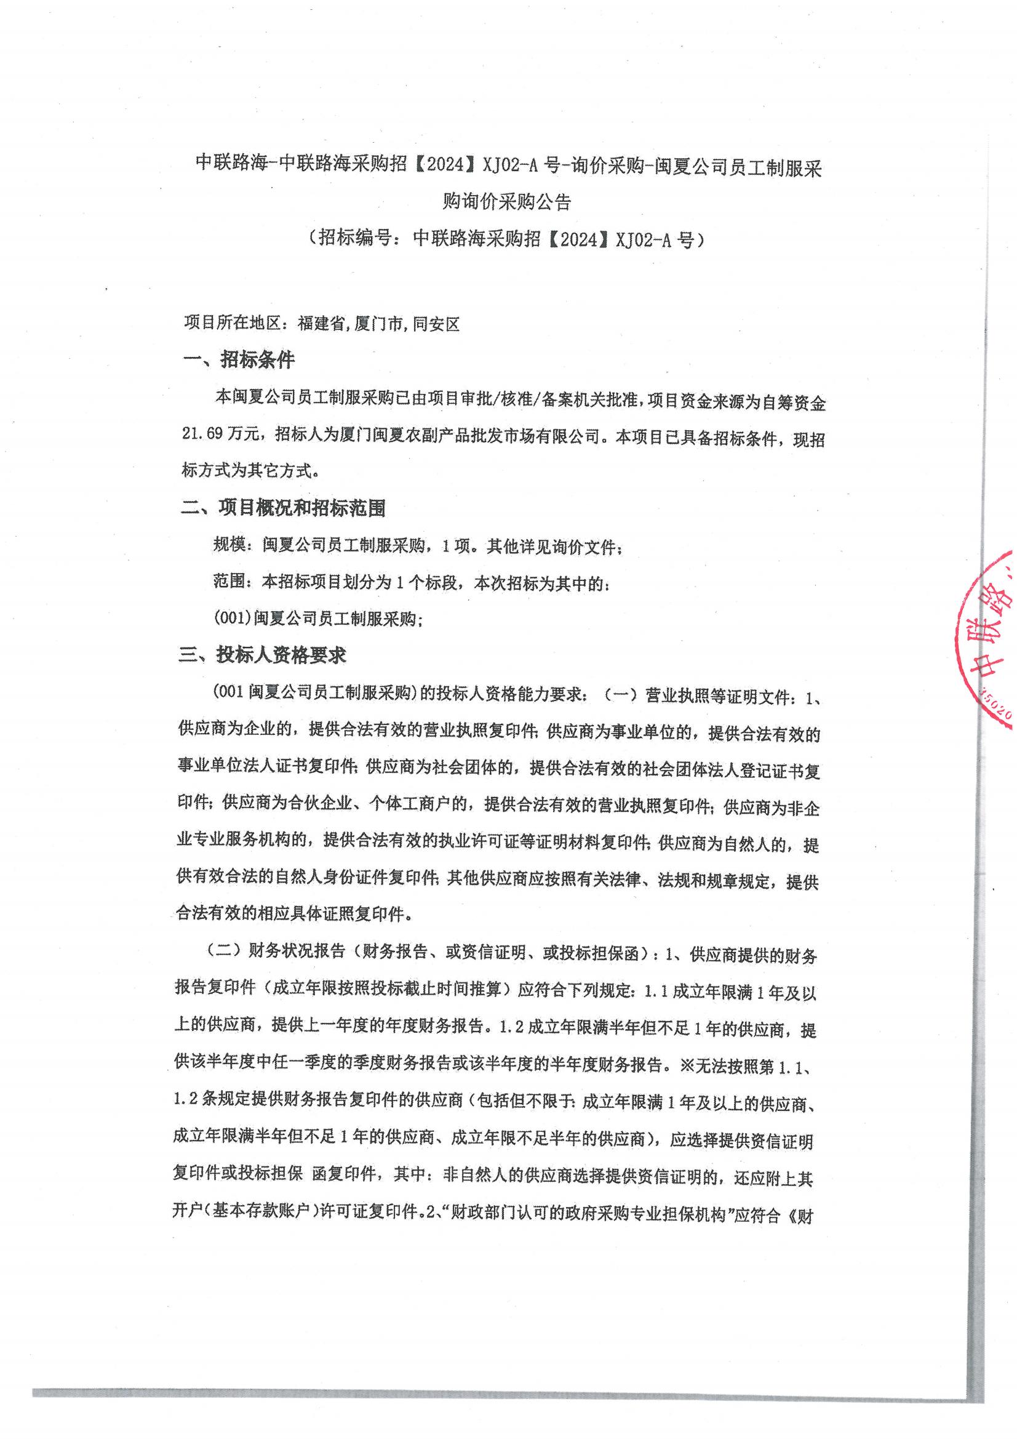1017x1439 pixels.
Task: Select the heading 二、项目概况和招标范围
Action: point(282,508)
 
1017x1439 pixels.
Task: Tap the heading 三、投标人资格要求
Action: point(263,655)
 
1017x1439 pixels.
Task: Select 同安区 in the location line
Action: point(436,324)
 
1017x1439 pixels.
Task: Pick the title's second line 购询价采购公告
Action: point(507,202)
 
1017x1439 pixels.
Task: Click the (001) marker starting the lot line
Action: point(233,619)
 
